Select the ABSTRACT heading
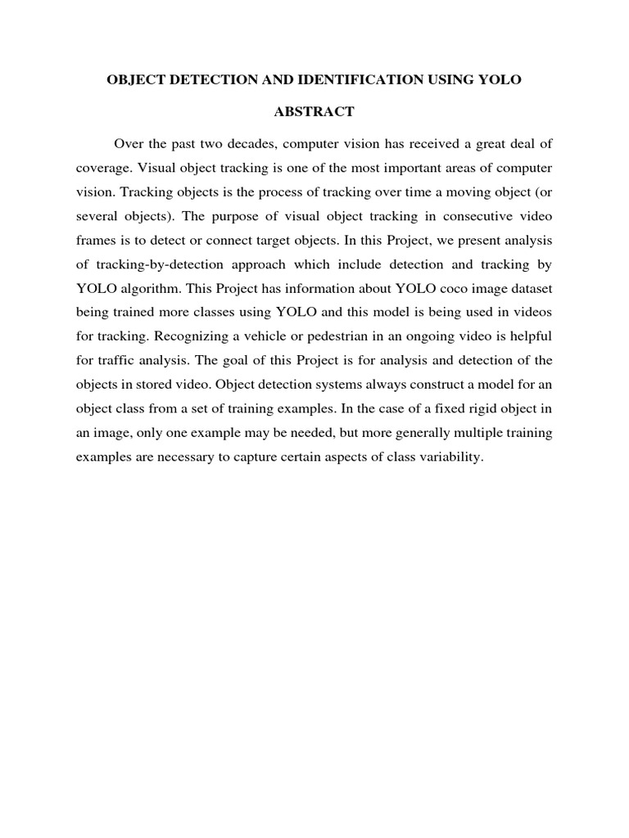click(314, 112)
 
